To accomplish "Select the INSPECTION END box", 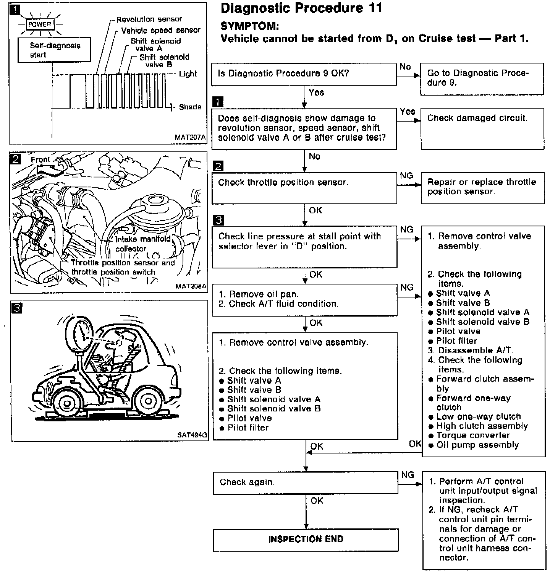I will (306, 539).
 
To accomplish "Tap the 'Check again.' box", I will (305, 483).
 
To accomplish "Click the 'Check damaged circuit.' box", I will (482, 128).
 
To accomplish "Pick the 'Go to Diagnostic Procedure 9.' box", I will (482, 79).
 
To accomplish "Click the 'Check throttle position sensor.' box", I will (304, 188).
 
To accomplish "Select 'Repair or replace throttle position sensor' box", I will (482, 187).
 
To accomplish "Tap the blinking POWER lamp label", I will (40, 24).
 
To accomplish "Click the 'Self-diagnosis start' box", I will (55, 50).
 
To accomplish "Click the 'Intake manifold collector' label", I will (141, 244).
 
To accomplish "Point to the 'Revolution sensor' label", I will (149, 19).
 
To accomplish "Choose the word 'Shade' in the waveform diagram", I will (190, 107).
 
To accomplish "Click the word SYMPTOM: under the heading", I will (250, 26).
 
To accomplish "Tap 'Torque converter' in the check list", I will (473, 435).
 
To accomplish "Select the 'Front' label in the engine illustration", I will (40, 160).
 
